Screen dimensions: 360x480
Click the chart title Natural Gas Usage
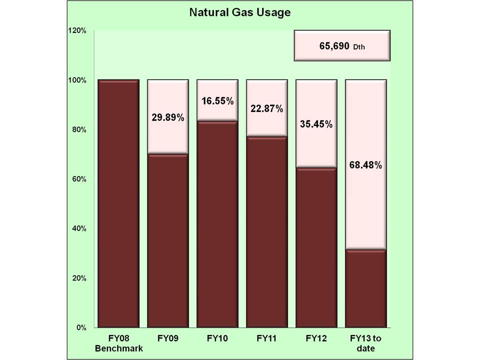tap(239, 12)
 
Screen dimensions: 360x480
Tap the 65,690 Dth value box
tap(342, 45)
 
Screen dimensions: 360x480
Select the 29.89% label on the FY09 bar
tap(167, 119)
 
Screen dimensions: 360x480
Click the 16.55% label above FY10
tap(217, 101)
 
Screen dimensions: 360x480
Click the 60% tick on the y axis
tap(78, 179)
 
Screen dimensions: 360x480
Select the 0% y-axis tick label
tap(80, 327)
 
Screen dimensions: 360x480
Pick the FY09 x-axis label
tap(167, 338)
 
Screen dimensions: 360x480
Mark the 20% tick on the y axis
tap(78, 278)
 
